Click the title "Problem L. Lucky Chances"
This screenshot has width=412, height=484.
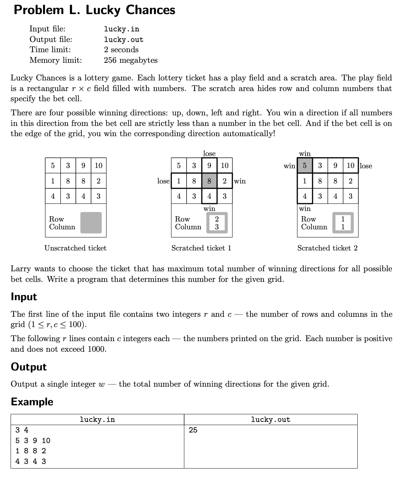[x=94, y=10]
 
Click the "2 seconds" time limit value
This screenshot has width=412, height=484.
[x=121, y=50]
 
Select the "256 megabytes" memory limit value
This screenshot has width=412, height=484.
[x=131, y=60]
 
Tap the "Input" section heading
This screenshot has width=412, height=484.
[x=24, y=297]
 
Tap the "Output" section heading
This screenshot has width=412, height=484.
[x=29, y=367]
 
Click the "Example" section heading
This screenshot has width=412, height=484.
[x=32, y=402]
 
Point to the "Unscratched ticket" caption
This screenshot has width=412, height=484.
[x=75, y=248]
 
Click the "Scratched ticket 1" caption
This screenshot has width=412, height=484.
[x=201, y=248]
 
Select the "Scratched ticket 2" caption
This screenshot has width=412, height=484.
[x=327, y=248]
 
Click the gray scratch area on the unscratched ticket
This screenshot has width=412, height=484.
[x=91, y=223]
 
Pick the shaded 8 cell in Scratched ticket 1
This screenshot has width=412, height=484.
[x=209, y=181]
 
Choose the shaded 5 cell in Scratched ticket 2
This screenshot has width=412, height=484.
[x=305, y=165]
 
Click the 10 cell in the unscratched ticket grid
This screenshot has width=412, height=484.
[x=98, y=165]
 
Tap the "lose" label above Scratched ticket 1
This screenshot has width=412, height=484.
[x=209, y=153]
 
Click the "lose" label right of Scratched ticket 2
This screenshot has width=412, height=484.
[x=366, y=166]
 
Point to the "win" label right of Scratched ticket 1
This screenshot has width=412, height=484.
[x=240, y=181]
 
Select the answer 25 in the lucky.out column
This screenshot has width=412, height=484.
[x=193, y=430]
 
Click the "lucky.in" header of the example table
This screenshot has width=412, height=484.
[x=97, y=419]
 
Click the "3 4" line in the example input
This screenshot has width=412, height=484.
[x=22, y=430]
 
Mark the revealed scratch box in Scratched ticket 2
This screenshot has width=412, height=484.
[x=343, y=223]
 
